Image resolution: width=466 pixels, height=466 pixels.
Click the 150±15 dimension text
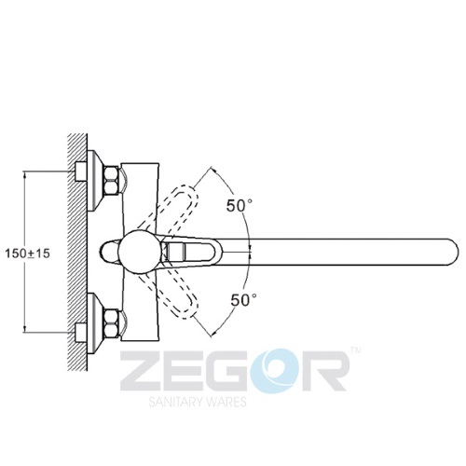pyautogui.click(x=27, y=254)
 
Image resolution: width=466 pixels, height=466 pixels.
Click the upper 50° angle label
pyautogui.click(x=240, y=205)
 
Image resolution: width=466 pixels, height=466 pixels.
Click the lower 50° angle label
pyautogui.click(x=243, y=300)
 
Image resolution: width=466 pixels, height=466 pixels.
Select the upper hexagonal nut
pyautogui.click(x=112, y=180)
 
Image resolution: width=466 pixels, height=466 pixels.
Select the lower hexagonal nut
pyautogui.click(x=112, y=323)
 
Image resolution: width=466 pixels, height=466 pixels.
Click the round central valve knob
pyautogui.click(x=140, y=252)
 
